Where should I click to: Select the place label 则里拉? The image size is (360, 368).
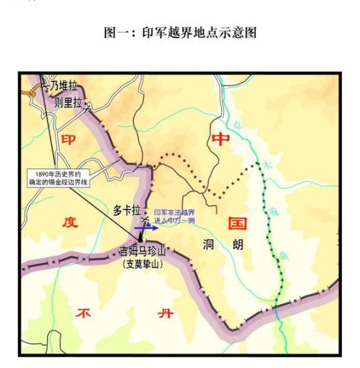point(68,103)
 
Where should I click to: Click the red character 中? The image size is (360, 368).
point(220,140)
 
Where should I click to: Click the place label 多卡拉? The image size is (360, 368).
point(127,210)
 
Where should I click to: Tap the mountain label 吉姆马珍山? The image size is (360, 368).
point(140,252)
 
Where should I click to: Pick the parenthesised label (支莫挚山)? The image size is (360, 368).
point(140,265)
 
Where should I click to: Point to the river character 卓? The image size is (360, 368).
point(237,125)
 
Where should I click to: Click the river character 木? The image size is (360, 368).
point(269,164)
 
